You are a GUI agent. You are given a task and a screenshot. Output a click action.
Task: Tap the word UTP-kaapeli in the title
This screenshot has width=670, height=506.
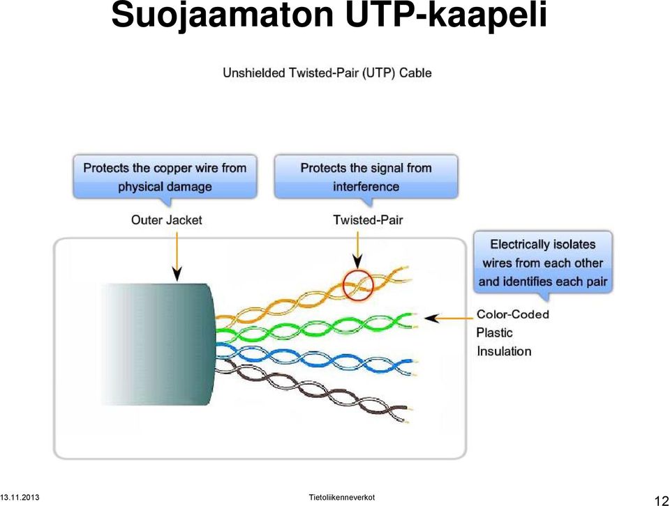click(446, 15)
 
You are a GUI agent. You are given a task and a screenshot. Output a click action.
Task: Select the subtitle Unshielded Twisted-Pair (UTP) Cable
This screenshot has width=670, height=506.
click(327, 73)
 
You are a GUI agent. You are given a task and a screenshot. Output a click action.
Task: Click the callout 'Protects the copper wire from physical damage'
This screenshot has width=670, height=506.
click(165, 177)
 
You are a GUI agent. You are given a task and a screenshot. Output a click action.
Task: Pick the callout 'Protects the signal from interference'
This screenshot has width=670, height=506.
click(366, 177)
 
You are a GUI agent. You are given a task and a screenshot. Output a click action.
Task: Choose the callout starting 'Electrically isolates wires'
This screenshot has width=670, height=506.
click(543, 263)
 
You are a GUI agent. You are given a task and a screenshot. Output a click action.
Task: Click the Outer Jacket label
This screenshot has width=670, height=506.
click(166, 220)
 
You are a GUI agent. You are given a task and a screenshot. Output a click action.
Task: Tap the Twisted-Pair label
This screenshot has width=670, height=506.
click(368, 220)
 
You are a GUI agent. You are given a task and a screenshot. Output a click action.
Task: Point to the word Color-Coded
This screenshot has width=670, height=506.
click(513, 314)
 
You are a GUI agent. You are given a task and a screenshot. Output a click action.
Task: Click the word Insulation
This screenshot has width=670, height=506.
click(504, 351)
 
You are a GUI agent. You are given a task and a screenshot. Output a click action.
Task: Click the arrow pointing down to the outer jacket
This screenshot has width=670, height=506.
click(177, 256)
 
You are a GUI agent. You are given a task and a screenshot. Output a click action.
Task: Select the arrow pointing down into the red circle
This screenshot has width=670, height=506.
click(357, 251)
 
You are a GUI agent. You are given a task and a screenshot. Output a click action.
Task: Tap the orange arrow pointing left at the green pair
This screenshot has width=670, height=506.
click(449, 319)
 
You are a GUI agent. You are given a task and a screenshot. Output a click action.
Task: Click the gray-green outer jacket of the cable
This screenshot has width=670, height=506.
click(159, 344)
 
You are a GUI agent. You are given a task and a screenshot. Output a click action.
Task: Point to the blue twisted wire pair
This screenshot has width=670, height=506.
click(316, 357)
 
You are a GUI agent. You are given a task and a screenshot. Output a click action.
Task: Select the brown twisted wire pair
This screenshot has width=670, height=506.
click(312, 389)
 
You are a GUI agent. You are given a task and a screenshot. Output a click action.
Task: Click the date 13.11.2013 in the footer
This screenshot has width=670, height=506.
click(20, 498)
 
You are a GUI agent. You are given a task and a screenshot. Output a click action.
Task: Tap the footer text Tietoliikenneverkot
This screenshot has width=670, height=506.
click(342, 498)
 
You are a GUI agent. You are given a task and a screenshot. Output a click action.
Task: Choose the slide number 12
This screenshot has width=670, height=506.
click(661, 500)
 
